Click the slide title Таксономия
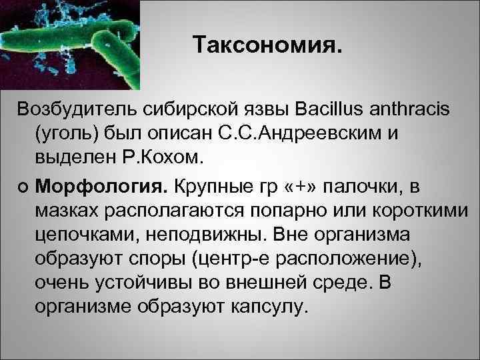tap(269, 45)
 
